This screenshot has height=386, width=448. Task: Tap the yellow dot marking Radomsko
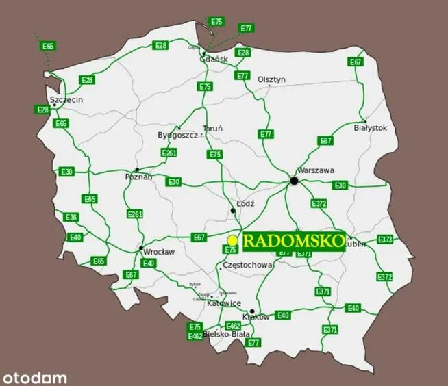[x=233, y=240]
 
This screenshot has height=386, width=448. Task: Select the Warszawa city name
[x=315, y=170]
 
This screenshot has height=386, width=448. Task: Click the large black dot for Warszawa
[x=294, y=181]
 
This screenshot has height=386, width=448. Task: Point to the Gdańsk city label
[x=213, y=60]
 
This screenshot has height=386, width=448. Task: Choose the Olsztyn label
[x=271, y=79]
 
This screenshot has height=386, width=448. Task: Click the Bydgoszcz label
[x=177, y=136]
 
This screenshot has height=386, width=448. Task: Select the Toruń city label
[x=212, y=129]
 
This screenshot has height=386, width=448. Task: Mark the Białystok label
[x=371, y=128]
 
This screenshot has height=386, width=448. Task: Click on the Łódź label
[x=245, y=204]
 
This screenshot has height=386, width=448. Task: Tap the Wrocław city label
[x=158, y=252]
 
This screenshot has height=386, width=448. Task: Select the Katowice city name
[x=224, y=303]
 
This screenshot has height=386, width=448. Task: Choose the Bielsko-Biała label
[x=226, y=334]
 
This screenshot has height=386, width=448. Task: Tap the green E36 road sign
[x=71, y=217]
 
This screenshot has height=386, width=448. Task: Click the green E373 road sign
[x=385, y=240]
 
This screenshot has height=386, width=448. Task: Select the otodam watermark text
[x=35, y=377]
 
